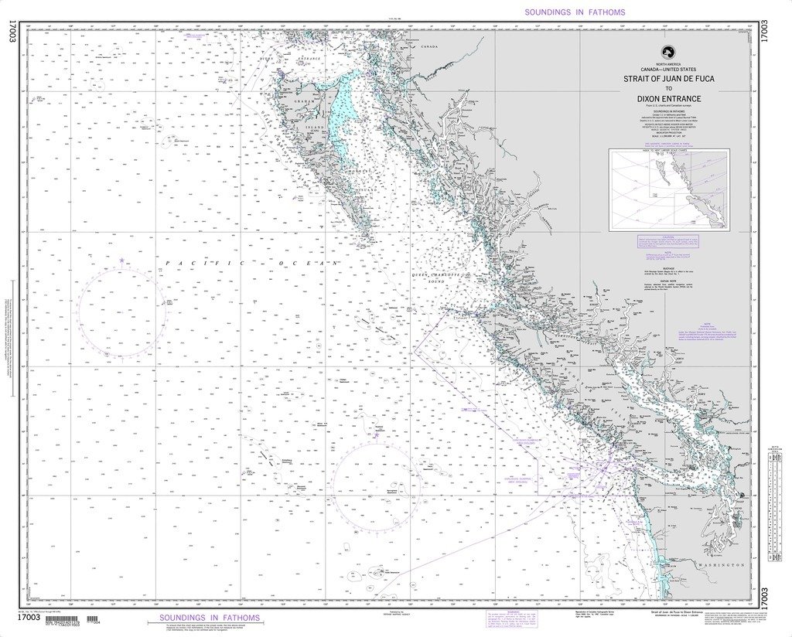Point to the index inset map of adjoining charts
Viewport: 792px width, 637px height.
tap(667, 190)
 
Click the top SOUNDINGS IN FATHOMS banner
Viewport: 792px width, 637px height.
tap(575, 12)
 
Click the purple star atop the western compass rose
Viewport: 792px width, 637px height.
tap(121, 260)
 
